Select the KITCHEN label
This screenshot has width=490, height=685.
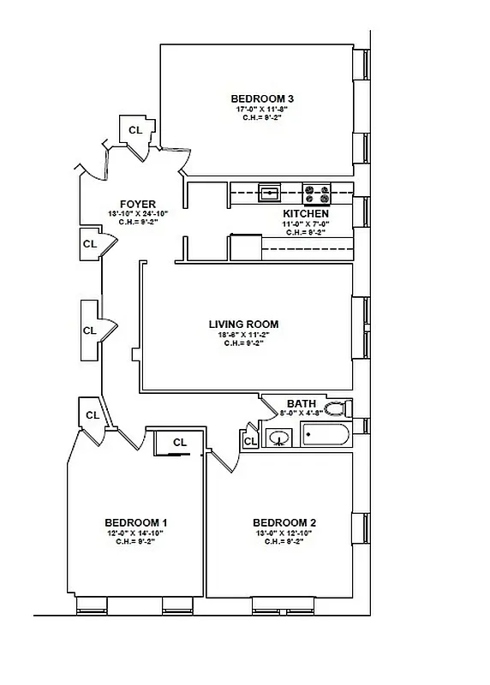306,213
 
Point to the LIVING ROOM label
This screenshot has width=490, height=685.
243,324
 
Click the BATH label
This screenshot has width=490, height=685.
301,403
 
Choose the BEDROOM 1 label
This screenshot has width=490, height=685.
135,522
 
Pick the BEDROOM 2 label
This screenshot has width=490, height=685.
284,522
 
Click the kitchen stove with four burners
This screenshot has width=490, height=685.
318,193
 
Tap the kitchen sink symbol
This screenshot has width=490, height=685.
271,193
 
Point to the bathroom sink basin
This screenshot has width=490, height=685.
278,439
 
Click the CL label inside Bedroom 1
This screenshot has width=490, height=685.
180,443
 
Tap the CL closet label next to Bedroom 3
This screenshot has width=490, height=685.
134,130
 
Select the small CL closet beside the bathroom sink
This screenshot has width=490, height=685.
249,441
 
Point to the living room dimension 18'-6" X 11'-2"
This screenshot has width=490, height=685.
243,335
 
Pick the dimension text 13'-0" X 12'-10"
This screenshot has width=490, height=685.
284,533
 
